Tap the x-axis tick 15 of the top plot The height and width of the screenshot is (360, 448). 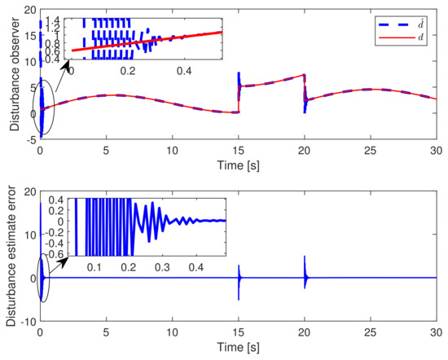(238, 150)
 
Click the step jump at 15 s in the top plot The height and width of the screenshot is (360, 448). (238, 96)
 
